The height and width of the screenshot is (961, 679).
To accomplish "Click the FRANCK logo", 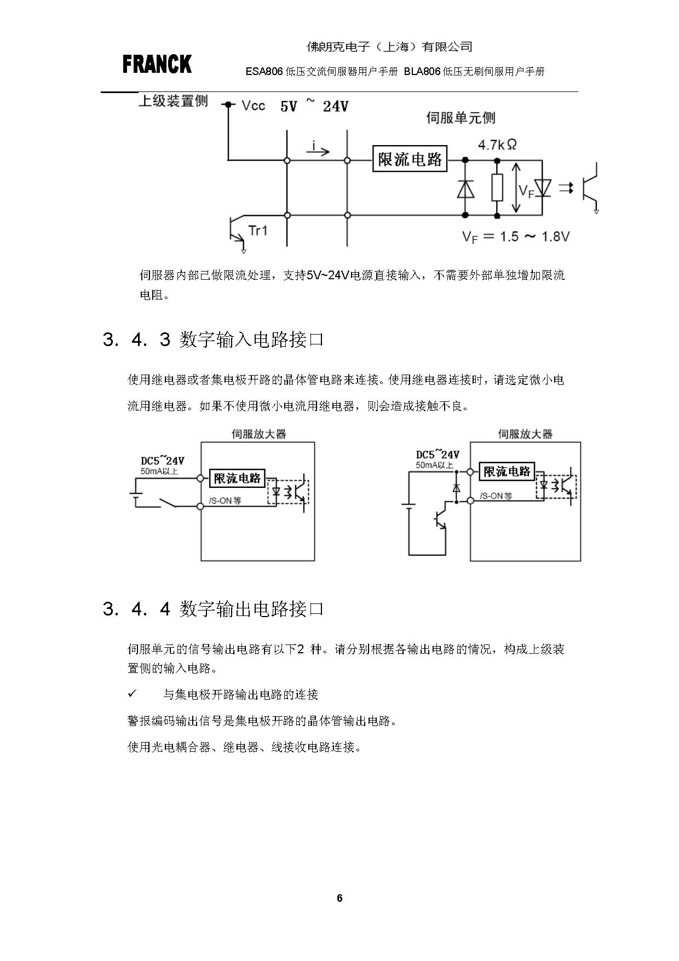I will [157, 64].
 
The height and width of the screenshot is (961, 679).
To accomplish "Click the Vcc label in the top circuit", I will [253, 106].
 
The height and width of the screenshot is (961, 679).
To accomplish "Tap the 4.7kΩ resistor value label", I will [497, 145].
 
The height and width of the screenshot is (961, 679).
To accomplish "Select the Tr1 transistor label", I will [257, 231].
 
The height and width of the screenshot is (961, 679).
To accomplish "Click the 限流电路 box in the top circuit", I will [410, 159].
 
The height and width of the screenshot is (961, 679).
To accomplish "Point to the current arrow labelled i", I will [318, 149].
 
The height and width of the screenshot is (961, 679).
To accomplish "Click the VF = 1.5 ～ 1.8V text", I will [515, 237].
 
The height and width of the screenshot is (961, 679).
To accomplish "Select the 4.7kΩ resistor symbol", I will [497, 188].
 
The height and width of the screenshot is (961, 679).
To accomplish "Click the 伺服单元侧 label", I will [461, 118].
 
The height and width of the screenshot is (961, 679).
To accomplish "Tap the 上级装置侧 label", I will [173, 101].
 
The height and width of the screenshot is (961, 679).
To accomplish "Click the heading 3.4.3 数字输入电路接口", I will [213, 340].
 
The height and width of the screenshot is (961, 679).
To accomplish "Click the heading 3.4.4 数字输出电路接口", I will [213, 609].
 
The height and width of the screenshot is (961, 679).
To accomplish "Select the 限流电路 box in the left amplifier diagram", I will [237, 478].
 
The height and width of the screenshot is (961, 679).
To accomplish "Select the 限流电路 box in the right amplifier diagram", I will [507, 471].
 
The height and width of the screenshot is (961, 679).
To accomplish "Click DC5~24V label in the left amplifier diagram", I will [162, 461].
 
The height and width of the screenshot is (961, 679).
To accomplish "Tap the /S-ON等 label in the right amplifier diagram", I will [496, 496].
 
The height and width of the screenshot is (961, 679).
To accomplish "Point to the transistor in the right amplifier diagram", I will [440, 520].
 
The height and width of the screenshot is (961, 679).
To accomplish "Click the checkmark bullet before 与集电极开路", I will [132, 694].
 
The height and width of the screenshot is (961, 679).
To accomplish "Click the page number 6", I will [339, 898].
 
